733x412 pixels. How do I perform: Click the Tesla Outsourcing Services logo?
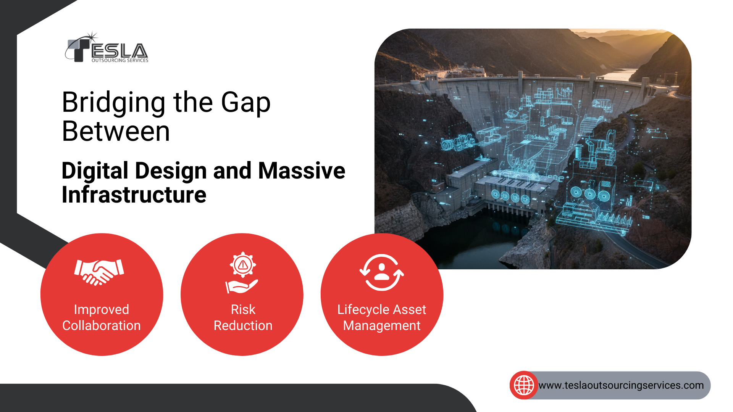107,47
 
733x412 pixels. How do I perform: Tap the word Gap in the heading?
246,103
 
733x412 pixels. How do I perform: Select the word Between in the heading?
116,131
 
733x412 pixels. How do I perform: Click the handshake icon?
99,272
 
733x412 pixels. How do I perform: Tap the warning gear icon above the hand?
243,264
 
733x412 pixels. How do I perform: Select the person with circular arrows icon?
382,272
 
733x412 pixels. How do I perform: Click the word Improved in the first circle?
102,309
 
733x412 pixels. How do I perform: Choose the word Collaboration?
102,325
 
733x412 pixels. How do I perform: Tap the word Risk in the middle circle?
243,309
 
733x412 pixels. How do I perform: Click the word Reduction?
243,325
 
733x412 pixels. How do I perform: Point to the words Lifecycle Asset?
382,309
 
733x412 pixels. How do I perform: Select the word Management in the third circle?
382,326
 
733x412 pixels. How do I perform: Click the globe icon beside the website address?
524,385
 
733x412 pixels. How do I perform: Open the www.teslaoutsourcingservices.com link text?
621,385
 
